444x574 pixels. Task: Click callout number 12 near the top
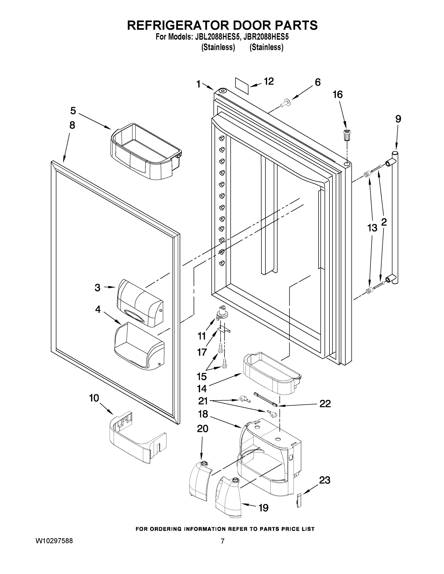269,82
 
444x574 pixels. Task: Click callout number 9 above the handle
398,119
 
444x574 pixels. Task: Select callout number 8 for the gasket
72,125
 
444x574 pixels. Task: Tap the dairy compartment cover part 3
140,304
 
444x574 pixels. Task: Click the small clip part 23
299,501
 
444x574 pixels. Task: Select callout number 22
325,403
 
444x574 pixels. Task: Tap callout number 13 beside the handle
372,228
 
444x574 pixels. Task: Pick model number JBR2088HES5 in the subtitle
266,37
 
